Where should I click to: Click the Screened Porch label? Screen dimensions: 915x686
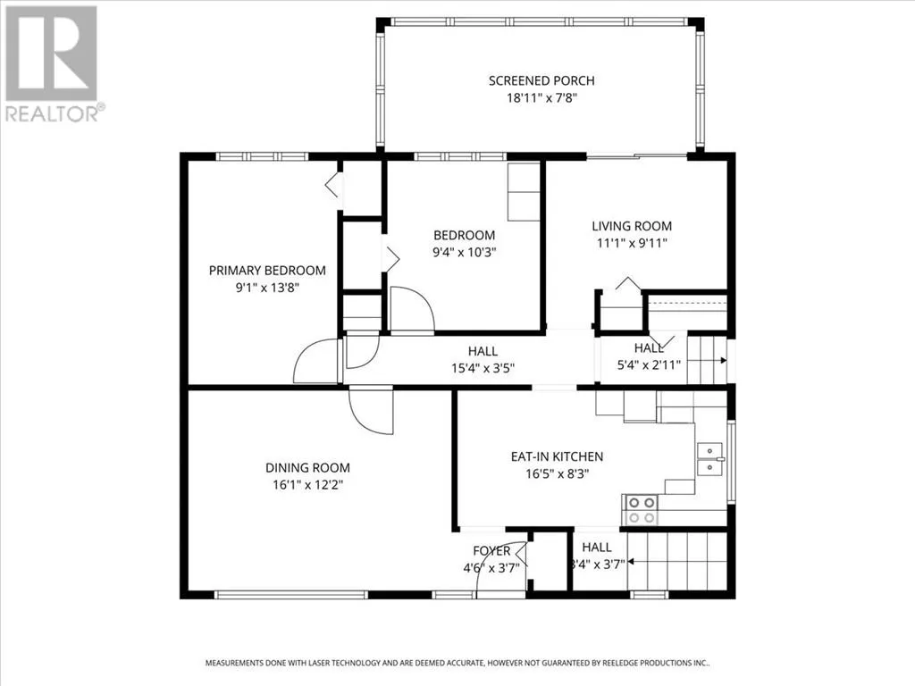click(x=541, y=80)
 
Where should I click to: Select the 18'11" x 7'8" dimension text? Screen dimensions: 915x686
click(x=541, y=97)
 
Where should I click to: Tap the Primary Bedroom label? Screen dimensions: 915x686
click(x=267, y=270)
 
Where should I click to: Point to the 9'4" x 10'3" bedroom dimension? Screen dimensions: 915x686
click(x=464, y=252)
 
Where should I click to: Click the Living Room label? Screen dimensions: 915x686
click(x=632, y=226)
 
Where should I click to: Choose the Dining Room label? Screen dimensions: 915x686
click(x=307, y=467)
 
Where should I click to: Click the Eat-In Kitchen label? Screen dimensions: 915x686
click(x=557, y=456)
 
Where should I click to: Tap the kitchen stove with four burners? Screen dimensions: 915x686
click(x=642, y=510)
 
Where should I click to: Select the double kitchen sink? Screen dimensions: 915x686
click(x=710, y=459)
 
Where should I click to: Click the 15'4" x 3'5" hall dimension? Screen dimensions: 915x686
click(x=483, y=368)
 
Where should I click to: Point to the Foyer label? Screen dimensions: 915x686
click(x=491, y=550)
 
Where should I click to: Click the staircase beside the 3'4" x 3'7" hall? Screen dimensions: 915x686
click(x=677, y=561)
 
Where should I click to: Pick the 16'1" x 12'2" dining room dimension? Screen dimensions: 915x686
click(x=307, y=485)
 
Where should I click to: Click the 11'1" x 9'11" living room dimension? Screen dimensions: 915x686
click(x=632, y=243)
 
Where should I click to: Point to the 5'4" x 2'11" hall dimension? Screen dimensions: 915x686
click(x=649, y=365)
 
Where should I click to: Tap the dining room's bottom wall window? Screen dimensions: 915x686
click(x=291, y=594)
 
